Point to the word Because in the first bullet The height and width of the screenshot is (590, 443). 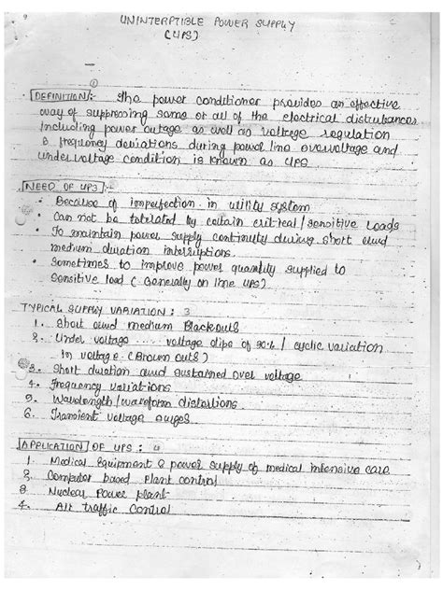[x=76, y=203]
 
